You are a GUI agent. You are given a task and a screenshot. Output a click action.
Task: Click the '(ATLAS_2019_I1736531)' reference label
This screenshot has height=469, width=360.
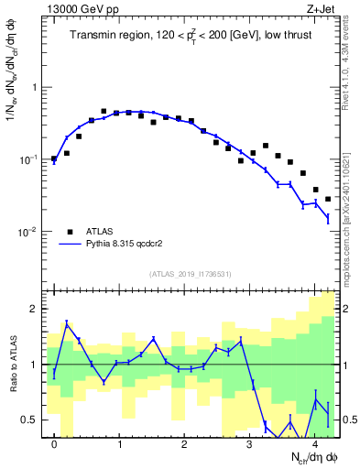pos(190,274)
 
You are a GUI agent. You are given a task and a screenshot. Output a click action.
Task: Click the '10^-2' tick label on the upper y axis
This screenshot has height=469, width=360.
pos(32,232)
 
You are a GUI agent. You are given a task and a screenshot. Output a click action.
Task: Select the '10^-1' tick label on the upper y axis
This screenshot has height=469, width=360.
pos(32,159)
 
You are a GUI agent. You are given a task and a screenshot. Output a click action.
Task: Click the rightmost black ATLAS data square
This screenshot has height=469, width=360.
pos(328,199)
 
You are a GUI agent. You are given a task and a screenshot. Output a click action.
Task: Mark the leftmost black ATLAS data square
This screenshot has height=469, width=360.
pos(54,158)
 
